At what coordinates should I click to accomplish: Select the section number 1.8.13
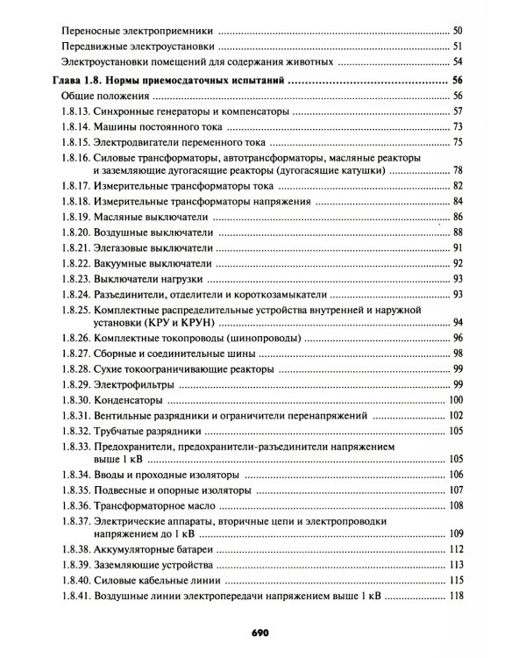[77, 111]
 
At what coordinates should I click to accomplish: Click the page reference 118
[455, 597]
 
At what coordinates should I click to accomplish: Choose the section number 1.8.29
[77, 383]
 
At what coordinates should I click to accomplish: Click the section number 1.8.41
[77, 597]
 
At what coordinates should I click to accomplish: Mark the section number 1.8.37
[77, 521]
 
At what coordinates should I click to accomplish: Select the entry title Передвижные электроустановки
[137, 46]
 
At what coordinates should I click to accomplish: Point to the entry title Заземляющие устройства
[153, 564]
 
